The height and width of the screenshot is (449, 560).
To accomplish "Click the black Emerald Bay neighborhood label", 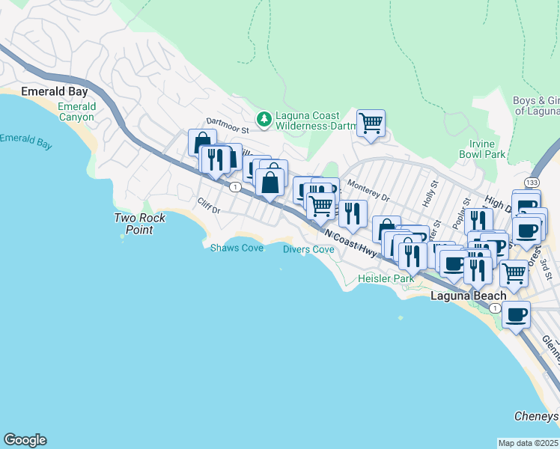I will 55,91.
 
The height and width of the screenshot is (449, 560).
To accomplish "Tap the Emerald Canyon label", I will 77,112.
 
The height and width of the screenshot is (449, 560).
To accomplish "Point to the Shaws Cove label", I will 237,248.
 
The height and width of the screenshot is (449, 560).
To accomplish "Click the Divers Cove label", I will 308,249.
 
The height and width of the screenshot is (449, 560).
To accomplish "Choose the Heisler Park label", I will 386,278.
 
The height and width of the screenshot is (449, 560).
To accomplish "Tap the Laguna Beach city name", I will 468,296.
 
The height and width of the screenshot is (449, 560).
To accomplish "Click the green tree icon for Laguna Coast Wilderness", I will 264,118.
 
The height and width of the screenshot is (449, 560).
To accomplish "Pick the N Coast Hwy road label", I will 351,242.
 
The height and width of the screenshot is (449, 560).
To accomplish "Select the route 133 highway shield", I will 532,183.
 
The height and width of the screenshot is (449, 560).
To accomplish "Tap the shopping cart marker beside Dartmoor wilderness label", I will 371,123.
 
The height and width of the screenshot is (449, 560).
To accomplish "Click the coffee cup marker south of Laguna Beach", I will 516,315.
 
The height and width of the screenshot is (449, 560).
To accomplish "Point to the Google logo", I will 25,440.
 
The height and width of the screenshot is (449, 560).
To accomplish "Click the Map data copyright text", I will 529,443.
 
